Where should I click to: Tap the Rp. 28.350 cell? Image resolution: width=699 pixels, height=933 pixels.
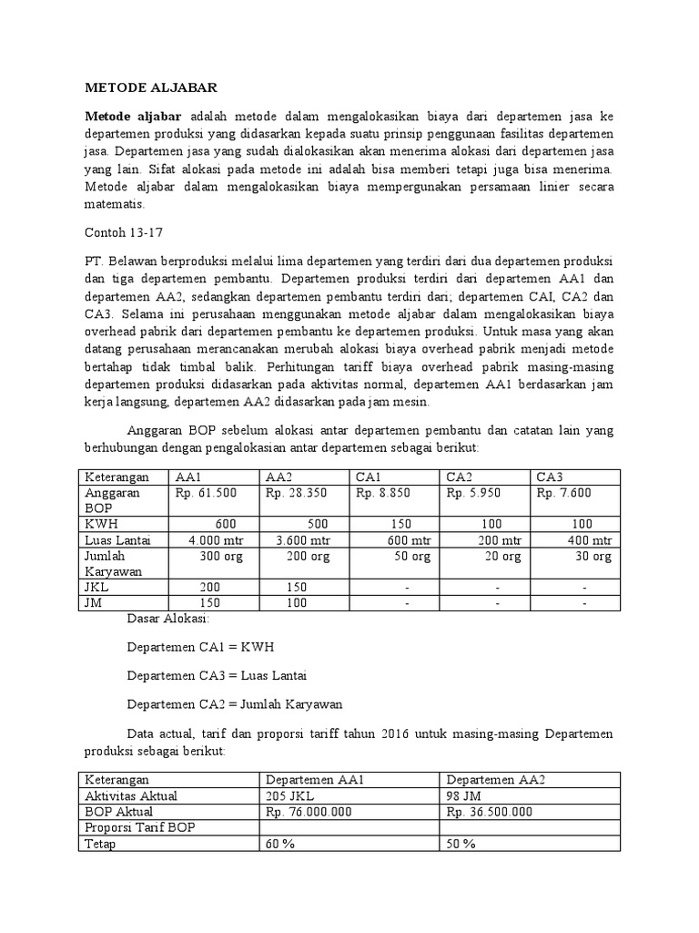point(292,493)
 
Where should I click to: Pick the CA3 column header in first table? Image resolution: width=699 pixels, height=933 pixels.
point(550,477)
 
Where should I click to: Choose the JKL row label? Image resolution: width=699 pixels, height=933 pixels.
point(96,588)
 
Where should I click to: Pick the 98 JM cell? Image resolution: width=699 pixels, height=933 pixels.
point(463,795)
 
